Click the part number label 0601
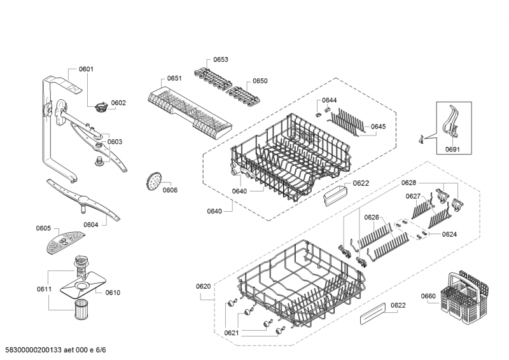pos(86,69)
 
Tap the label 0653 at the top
pos(221,59)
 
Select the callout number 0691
pos(453,149)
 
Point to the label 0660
pos(428,296)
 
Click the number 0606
pos(169,190)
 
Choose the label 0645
pos(378,127)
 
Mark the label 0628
pos(408,183)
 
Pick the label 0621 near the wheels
pos(232,333)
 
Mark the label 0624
pos(449,234)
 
